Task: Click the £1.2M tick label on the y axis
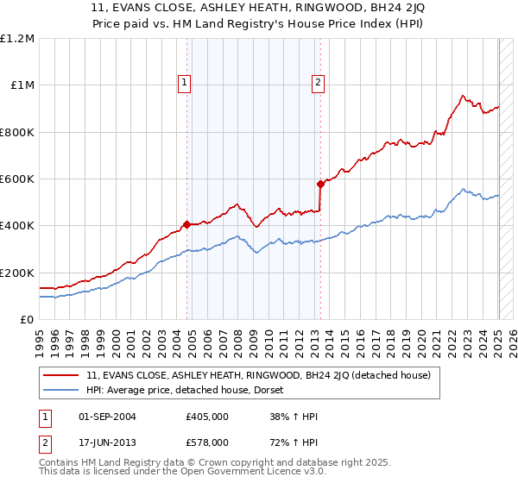(x=17, y=39)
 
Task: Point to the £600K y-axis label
(x=17, y=179)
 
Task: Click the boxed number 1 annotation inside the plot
(x=186, y=83)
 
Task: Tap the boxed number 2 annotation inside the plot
(x=318, y=83)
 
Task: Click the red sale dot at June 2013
(x=320, y=184)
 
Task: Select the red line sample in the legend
(x=60, y=375)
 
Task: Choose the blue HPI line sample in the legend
(x=60, y=390)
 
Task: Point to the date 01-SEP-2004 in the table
(x=107, y=417)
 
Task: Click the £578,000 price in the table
(x=207, y=442)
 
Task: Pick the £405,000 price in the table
(x=207, y=417)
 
